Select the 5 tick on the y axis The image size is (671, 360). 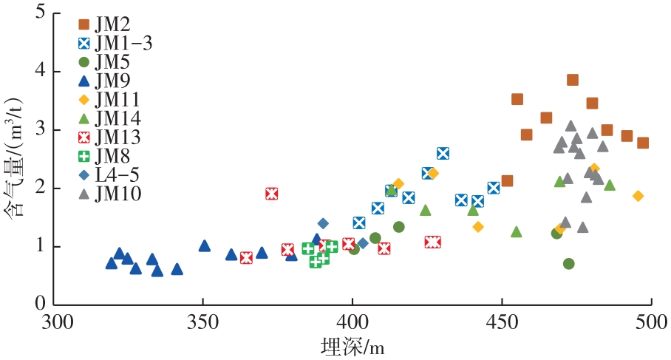39,13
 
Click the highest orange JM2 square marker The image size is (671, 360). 572,80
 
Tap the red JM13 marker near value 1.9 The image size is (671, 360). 271,194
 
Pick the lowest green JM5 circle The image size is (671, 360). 568,263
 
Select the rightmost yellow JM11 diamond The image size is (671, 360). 638,196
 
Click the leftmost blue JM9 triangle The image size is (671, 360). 112,263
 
